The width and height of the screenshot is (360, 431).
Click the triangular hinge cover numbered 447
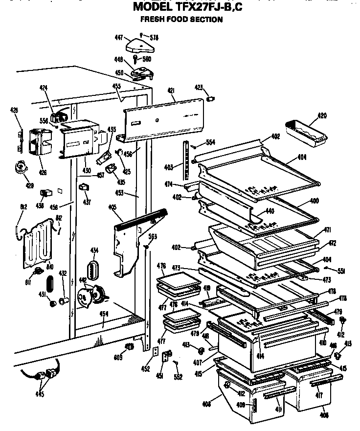pos(140,46)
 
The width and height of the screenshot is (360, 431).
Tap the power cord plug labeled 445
pos(46,376)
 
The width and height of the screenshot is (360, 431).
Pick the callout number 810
pos(50,267)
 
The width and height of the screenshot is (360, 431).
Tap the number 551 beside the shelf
pos(341,270)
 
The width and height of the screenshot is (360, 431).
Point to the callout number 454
pos(104,314)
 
